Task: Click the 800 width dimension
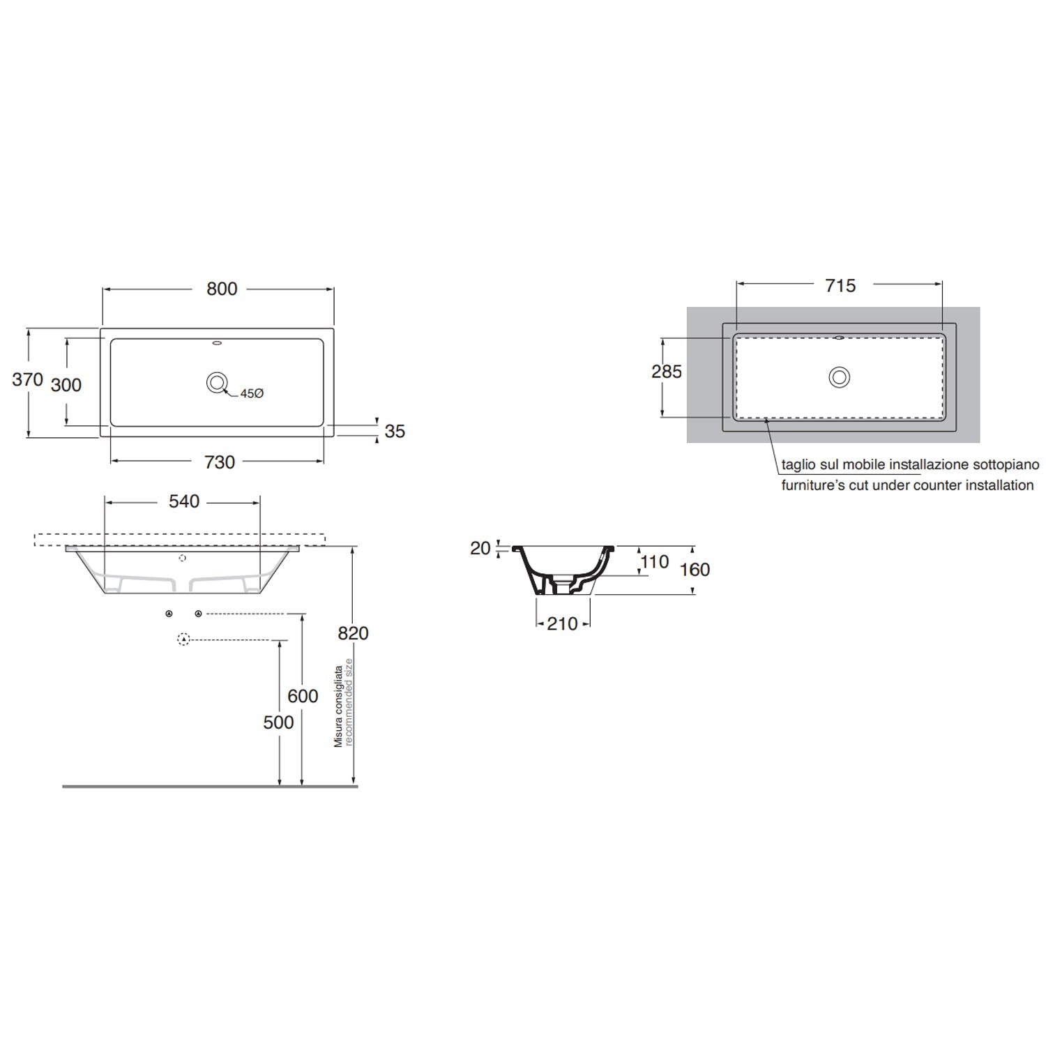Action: point(222,289)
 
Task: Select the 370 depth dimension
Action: point(28,380)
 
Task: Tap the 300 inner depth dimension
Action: point(66,385)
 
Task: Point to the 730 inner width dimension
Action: point(219,462)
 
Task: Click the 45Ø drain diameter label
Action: point(252,394)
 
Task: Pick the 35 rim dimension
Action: point(395,432)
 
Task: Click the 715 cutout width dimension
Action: point(840,286)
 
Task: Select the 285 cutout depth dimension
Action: point(667,372)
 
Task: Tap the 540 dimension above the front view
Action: point(184,501)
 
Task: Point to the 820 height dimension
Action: point(353,633)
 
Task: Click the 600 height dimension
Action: point(303,696)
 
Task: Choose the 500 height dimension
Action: point(278,722)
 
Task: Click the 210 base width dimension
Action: point(563,624)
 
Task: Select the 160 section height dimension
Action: point(695,570)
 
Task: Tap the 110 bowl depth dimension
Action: point(654,562)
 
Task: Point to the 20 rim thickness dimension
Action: point(480,549)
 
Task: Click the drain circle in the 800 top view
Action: point(217,382)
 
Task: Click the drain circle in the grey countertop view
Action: point(839,377)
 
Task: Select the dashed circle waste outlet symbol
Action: point(183,639)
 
